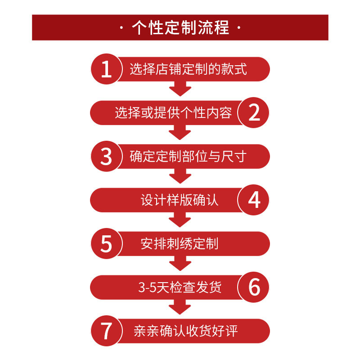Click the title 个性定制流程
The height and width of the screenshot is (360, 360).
click(180, 27)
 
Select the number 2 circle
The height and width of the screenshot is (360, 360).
click(254, 112)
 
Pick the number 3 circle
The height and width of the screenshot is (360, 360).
click(106, 156)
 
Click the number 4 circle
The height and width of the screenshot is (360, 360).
click(254, 200)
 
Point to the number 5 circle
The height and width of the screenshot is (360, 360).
click(106, 243)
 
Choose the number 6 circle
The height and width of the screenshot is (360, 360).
click(254, 287)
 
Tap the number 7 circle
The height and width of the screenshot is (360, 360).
click(106, 331)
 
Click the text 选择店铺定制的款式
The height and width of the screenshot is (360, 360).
click(188, 69)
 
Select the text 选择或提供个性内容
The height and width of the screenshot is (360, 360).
click(173, 113)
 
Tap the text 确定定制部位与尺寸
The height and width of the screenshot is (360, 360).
click(188, 157)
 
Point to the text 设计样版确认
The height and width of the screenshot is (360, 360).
click(180, 200)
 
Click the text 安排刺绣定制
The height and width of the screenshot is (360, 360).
click(180, 244)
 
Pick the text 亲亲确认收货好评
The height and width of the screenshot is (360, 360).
click(185, 331)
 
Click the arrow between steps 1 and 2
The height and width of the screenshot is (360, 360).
click(180, 89)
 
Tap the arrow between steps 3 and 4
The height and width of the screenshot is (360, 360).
click(180, 176)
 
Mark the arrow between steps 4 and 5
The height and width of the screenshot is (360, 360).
click(180, 220)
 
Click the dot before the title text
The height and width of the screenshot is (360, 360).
click(123, 28)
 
